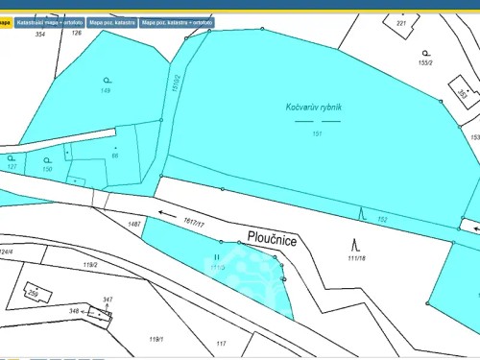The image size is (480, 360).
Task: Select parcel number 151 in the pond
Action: pyautogui.click(x=316, y=133)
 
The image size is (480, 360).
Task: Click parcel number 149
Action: pyautogui.click(x=106, y=90)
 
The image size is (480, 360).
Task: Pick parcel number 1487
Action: pyautogui.click(x=133, y=224)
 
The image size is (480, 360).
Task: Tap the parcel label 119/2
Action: pyautogui.click(x=91, y=264)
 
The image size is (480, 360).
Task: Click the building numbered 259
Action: pyautogui.click(x=32, y=292)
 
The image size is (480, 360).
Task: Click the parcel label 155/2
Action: pyautogui.click(x=426, y=62)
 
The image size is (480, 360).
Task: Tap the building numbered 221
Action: pyautogui.click(x=401, y=21)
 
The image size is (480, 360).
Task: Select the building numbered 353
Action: pyautogui.click(x=462, y=94)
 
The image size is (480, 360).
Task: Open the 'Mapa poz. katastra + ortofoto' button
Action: pyautogui.click(x=177, y=21)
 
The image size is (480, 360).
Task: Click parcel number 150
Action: pyautogui.click(x=47, y=169)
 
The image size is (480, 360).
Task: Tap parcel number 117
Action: pyautogui.click(x=221, y=343)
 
